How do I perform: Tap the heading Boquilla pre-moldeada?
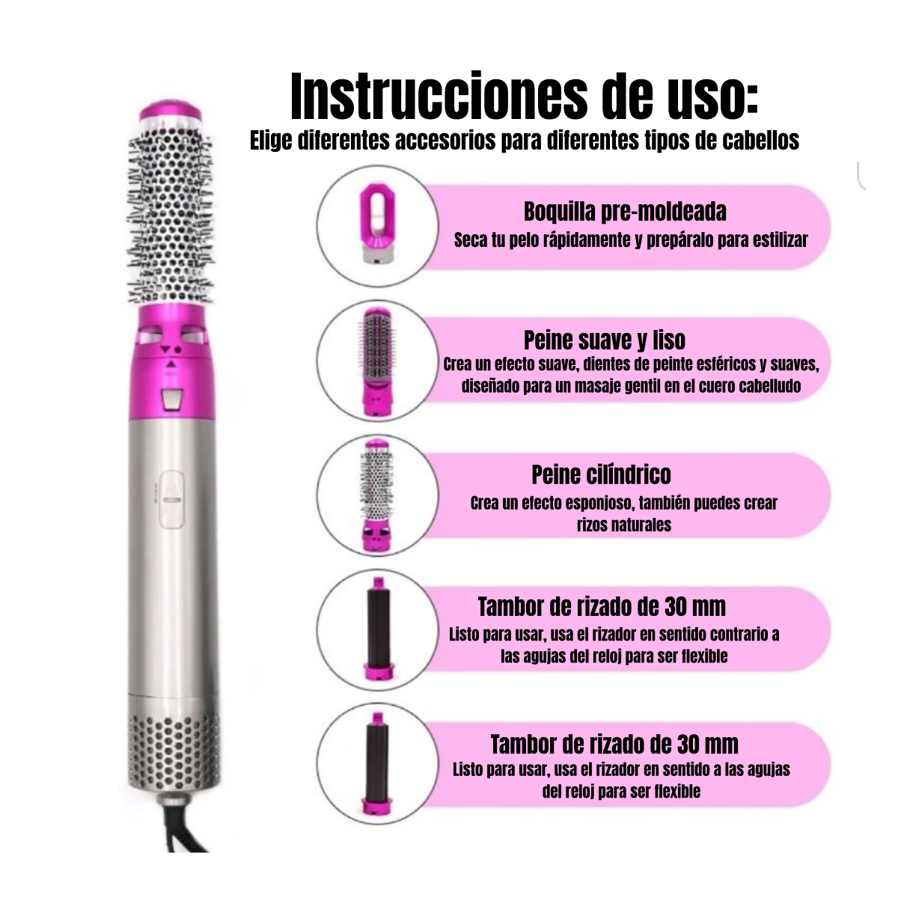pyautogui.click(x=625, y=212)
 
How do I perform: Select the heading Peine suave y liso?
pyautogui.click(x=605, y=340)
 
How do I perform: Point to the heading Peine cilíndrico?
pyautogui.click(x=601, y=475)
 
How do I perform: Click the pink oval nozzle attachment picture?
pyautogui.click(x=377, y=224)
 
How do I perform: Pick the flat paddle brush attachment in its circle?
pyautogui.click(x=377, y=361)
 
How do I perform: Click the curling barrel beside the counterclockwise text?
pyautogui.click(x=379, y=629)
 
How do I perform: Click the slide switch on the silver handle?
pyautogui.click(x=171, y=500)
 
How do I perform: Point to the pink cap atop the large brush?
pyautogui.click(x=171, y=111)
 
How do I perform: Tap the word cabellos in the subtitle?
pyautogui.click(x=761, y=140)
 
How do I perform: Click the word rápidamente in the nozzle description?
pyautogui.click(x=584, y=240)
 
